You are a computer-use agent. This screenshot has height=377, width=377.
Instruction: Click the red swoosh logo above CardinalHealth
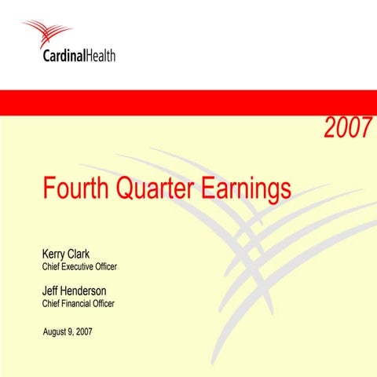coord(48,34)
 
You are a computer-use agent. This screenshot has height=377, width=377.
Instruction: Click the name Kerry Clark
coord(65,254)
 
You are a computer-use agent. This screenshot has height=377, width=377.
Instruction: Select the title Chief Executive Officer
coord(79,267)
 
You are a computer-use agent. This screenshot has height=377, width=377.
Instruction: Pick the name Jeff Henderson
coord(74,291)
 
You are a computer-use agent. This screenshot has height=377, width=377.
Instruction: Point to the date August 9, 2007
coord(68,332)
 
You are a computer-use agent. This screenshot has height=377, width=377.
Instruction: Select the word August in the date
coord(55,332)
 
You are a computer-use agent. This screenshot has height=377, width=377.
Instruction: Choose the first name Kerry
coord(53,254)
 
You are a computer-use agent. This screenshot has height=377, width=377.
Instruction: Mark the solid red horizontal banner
coord(188,101)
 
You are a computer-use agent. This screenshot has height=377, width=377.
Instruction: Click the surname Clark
coord(79,254)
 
